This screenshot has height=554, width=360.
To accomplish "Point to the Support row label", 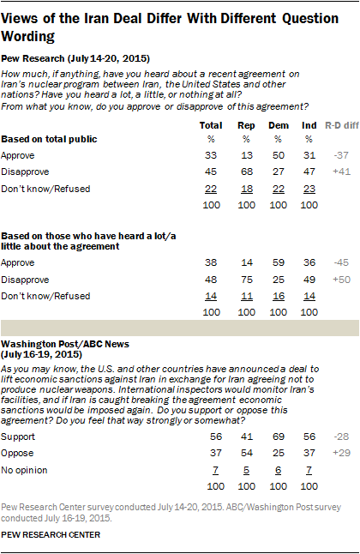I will (x=18, y=437).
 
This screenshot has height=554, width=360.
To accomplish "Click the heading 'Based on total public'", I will (x=48, y=137).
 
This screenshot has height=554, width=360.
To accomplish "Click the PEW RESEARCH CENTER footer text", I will (x=51, y=534).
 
